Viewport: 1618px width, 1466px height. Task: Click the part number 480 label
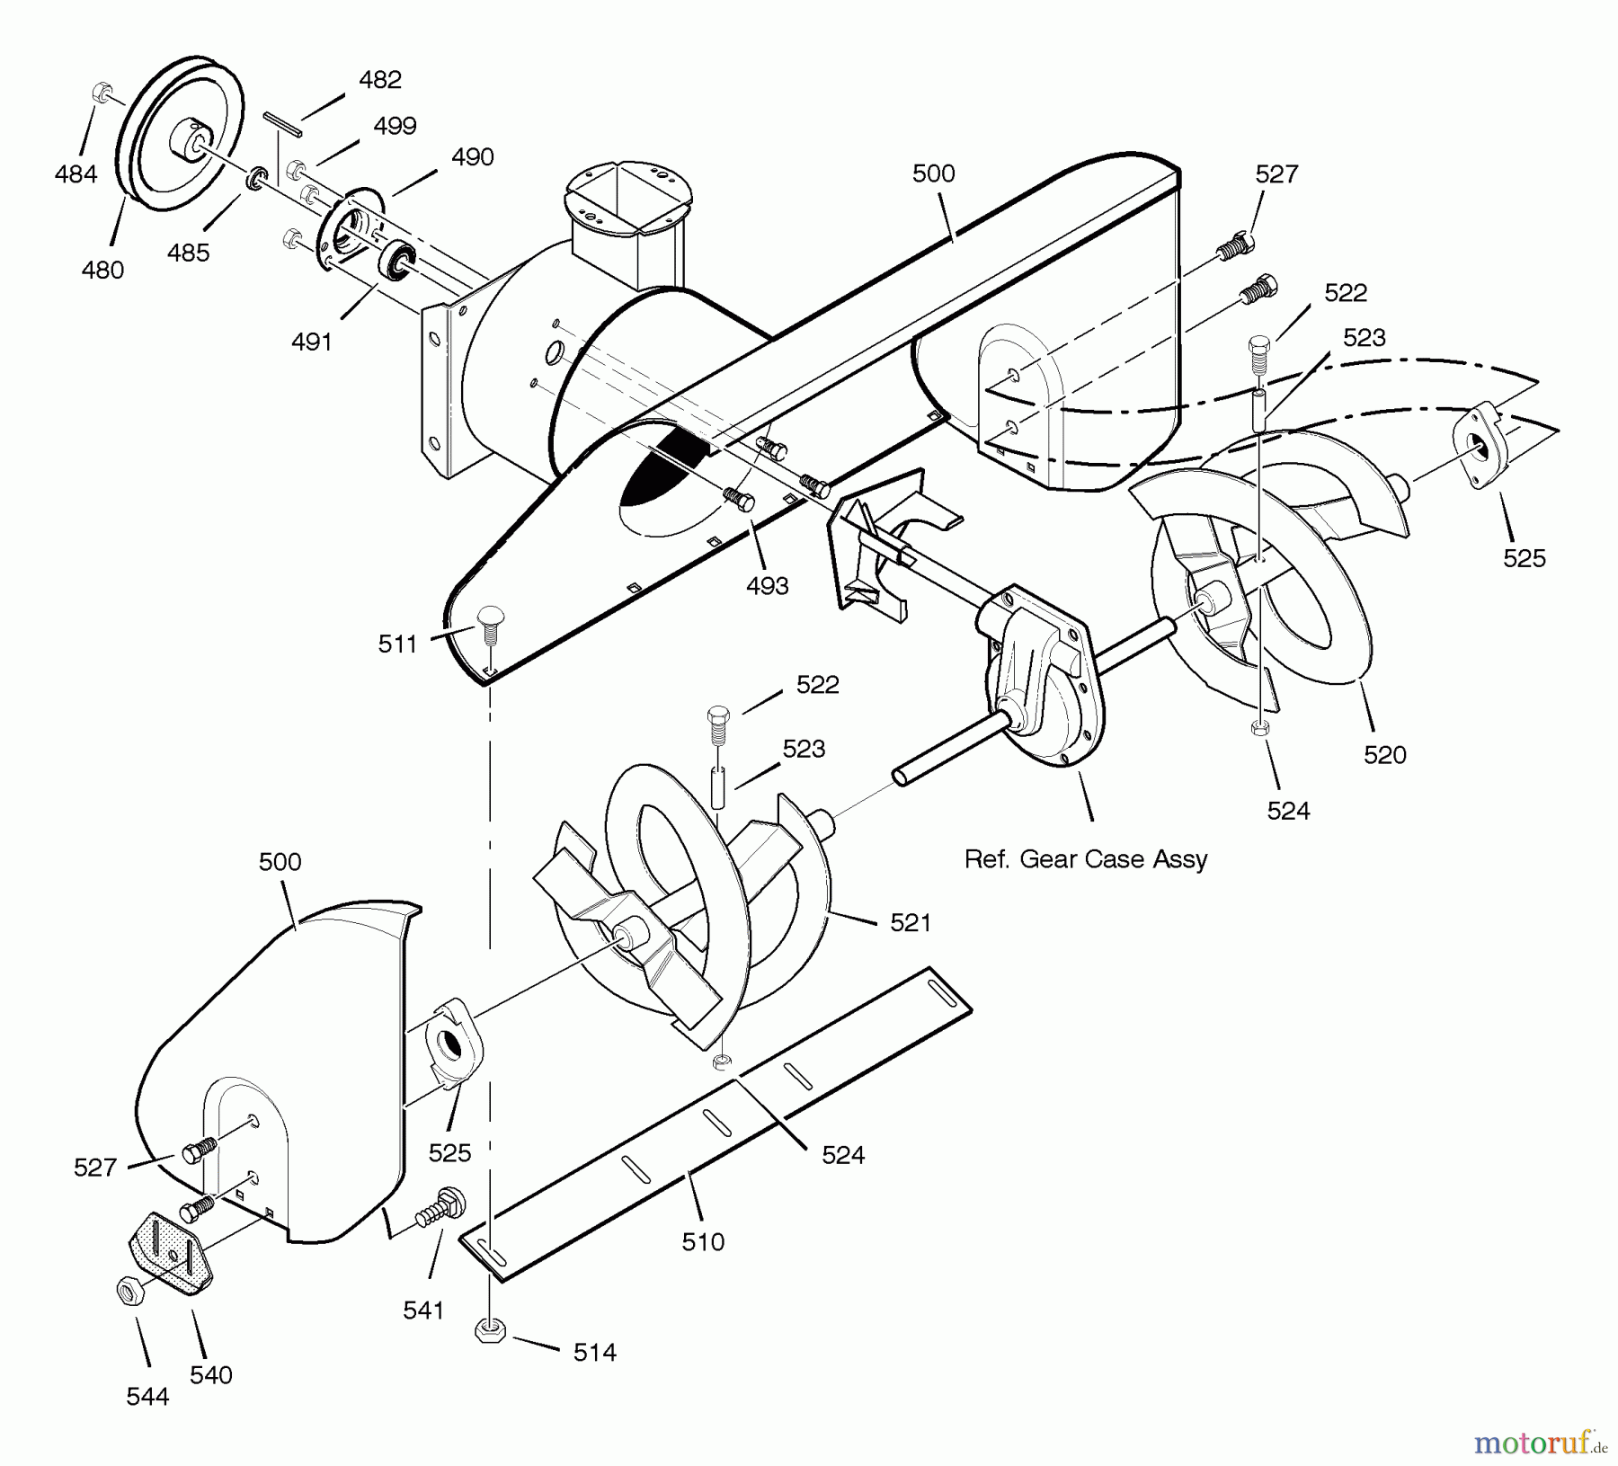[x=102, y=270]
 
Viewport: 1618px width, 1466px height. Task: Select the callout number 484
[x=76, y=173]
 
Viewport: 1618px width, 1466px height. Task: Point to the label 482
[x=379, y=80]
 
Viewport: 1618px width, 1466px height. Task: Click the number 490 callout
[x=473, y=157]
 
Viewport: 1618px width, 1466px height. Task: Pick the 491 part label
[x=312, y=342]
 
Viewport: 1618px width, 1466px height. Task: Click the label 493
[x=767, y=586]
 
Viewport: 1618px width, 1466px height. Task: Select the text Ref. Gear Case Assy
[x=1085, y=859]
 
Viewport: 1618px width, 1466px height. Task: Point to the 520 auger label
[x=1384, y=755]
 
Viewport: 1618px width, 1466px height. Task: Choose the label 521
[x=910, y=922]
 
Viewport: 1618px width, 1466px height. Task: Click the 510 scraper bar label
[x=703, y=1242]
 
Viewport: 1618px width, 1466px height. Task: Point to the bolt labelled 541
[x=437, y=1205]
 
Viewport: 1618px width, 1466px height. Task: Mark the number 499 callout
[x=395, y=126]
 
